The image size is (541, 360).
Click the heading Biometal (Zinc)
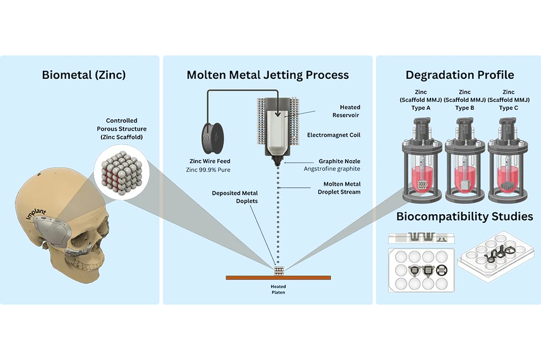pyautogui.click(x=83, y=75)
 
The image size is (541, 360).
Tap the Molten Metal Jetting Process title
pyautogui.click(x=268, y=75)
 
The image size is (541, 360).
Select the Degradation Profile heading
pyautogui.click(x=460, y=75)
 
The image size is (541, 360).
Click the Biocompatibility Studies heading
pyautogui.click(x=464, y=216)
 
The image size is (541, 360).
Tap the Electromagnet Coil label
pyautogui.click(x=334, y=135)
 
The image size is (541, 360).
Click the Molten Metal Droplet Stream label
pyautogui.click(x=342, y=187)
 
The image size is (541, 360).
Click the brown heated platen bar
pyautogui.click(x=278, y=277)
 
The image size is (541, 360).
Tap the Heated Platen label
pyautogui.click(x=278, y=290)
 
